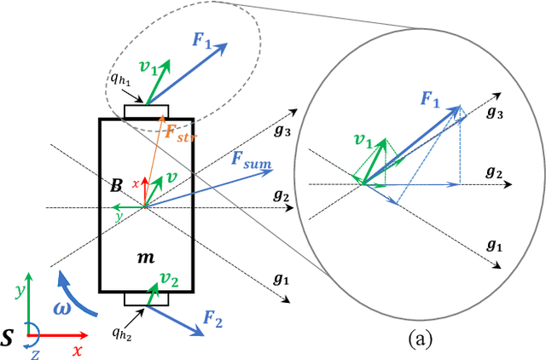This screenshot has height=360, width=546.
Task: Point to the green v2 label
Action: tap(171, 279)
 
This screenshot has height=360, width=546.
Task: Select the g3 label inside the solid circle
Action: tap(494, 113)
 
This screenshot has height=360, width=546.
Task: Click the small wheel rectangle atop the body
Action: tap(147, 113)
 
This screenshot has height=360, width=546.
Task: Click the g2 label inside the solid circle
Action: tap(493, 173)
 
